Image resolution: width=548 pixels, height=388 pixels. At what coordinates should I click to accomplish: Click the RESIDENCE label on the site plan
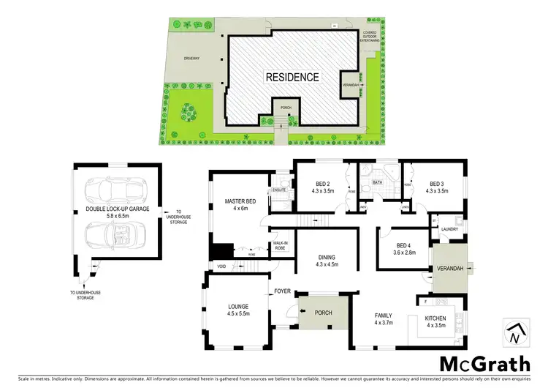point(292,76)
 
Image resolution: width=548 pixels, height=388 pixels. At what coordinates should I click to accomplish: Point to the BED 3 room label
point(437,184)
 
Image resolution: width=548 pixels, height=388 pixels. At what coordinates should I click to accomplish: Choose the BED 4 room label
point(403,245)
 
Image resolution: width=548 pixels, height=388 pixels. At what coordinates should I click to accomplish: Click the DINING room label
point(327,257)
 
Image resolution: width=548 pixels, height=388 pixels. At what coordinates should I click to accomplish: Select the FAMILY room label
point(384,316)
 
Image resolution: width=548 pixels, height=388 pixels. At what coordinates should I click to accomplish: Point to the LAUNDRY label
point(449,229)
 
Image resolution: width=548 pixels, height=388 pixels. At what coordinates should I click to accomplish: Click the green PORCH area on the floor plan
point(324,313)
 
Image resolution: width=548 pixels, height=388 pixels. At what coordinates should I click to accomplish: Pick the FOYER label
point(283,291)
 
